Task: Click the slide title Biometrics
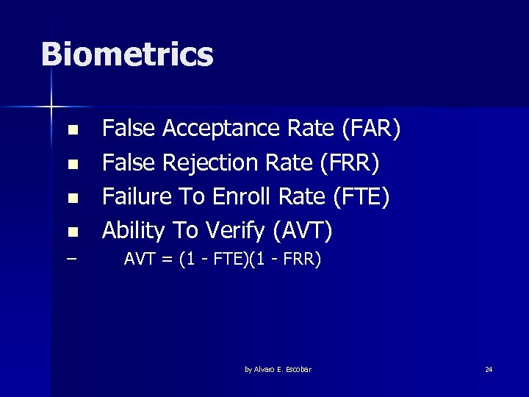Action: coord(127,55)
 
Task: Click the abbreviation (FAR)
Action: coord(371,129)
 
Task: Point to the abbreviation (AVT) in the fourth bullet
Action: coord(303,231)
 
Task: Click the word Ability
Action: coord(133,231)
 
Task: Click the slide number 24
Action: coord(489,369)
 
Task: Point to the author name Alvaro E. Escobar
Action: coord(278,369)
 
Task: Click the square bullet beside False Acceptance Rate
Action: coord(72,131)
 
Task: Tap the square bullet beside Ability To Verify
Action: coord(72,232)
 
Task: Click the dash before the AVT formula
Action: coord(71,260)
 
